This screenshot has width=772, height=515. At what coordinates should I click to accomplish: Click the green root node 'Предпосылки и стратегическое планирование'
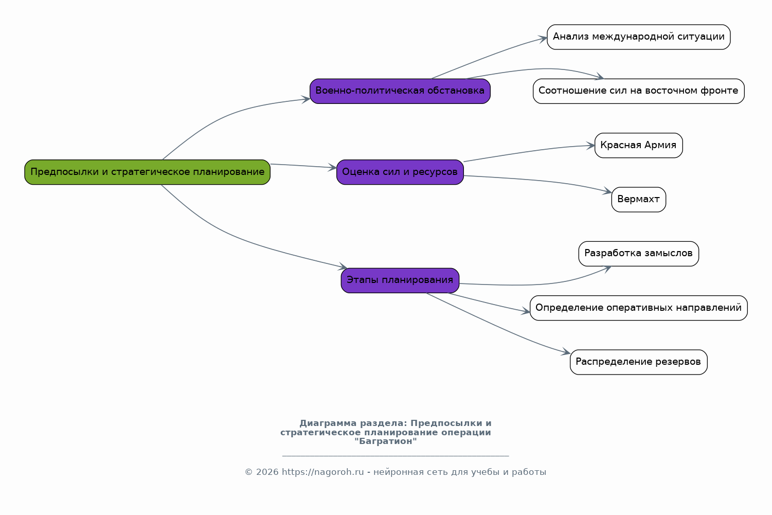point(147,172)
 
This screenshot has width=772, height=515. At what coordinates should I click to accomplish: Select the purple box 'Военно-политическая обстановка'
point(400,91)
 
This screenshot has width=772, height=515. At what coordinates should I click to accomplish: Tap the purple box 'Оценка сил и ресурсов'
point(400,172)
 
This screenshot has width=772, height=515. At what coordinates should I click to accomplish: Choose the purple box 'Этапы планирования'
point(400,280)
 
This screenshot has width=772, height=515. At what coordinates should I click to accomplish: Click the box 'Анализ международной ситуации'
point(638,37)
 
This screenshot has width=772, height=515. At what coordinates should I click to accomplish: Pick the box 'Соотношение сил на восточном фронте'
point(638,91)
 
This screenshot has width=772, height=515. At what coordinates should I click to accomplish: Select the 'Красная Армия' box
point(638,145)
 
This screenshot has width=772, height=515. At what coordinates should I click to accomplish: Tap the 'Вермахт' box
point(638,199)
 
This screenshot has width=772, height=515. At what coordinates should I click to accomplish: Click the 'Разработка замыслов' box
point(638,253)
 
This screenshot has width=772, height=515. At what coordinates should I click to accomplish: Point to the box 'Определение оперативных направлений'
point(638,308)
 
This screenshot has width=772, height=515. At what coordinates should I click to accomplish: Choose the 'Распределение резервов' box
point(638,362)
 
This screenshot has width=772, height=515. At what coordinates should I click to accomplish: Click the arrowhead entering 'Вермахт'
point(608,191)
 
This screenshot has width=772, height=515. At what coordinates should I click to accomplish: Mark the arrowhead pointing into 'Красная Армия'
point(591,146)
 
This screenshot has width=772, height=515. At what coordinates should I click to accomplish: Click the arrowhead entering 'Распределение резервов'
point(566,351)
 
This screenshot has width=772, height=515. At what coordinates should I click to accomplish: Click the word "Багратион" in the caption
point(385,441)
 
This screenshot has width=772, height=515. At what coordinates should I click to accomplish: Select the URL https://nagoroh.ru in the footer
point(322,472)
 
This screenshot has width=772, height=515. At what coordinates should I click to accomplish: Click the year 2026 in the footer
point(267,472)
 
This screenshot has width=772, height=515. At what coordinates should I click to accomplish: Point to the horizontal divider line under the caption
point(396,456)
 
